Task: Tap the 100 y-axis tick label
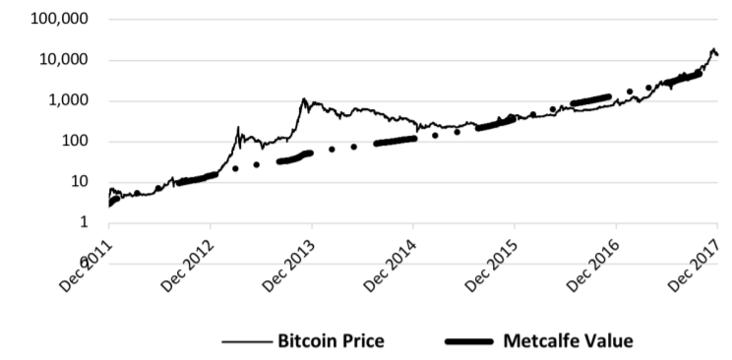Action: pyautogui.click(x=77, y=142)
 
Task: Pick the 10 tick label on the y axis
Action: pyautogui.click(x=81, y=182)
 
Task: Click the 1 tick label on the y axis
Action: pyautogui.click(x=86, y=222)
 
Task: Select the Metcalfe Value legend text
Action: pyautogui.click(x=568, y=341)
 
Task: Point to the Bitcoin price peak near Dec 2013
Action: pyautogui.click(x=304, y=99)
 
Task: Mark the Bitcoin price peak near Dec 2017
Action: pyautogui.click(x=713, y=48)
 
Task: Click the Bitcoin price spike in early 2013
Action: pyautogui.click(x=238, y=128)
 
